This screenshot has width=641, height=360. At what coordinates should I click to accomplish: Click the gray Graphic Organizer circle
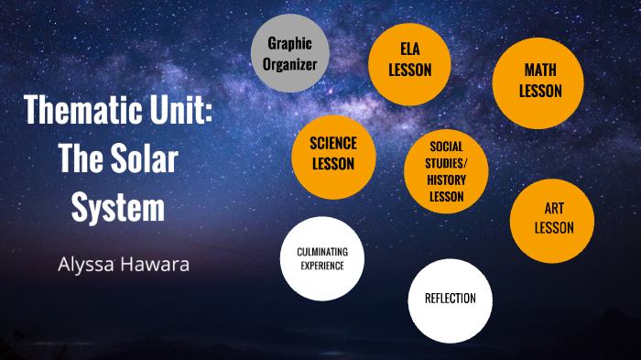pyautogui.click(x=290, y=53)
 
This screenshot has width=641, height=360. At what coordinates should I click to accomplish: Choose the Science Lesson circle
pyautogui.click(x=333, y=154)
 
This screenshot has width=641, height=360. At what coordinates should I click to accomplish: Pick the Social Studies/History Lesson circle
pyautogui.click(x=446, y=171)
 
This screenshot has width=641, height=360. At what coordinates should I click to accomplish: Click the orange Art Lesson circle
pyautogui.click(x=552, y=221)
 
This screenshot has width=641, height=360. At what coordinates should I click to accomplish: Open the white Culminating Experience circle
pyautogui.click(x=322, y=258)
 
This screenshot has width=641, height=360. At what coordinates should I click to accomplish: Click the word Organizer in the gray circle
pyautogui.click(x=290, y=64)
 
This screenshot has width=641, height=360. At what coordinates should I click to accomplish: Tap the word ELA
pyautogui.click(x=409, y=49)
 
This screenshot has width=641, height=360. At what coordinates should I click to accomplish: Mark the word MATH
pyautogui.click(x=539, y=70)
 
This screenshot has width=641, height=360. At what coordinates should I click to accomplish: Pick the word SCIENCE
pyautogui.click(x=333, y=143)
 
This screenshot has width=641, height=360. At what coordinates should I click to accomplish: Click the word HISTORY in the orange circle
pyautogui.click(x=446, y=181)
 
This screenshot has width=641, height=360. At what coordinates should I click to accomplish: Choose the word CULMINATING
pyautogui.click(x=322, y=251)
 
